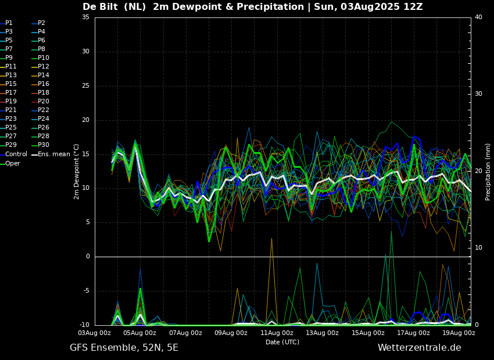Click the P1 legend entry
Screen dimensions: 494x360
click(6, 23)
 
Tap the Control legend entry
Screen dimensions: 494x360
click(13, 154)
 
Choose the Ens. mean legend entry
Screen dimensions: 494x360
click(51, 154)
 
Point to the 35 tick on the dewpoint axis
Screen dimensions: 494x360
click(85, 17)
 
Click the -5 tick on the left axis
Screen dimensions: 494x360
click(85, 291)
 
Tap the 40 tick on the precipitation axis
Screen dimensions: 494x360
click(478, 17)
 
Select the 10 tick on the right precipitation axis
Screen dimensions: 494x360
click(478, 248)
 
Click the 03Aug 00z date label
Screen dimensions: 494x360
click(95, 333)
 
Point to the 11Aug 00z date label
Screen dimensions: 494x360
click(277, 333)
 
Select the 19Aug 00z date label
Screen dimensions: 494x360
click(459, 333)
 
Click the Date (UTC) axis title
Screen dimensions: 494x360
click(282, 342)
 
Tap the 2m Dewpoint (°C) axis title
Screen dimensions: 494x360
click(76, 172)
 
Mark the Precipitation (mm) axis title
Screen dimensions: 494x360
click(488, 172)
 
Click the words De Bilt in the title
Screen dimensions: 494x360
click(100, 6)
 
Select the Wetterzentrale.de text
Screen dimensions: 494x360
click(420, 348)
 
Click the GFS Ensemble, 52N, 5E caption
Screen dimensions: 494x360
click(124, 348)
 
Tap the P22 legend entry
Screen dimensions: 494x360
click(41, 110)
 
